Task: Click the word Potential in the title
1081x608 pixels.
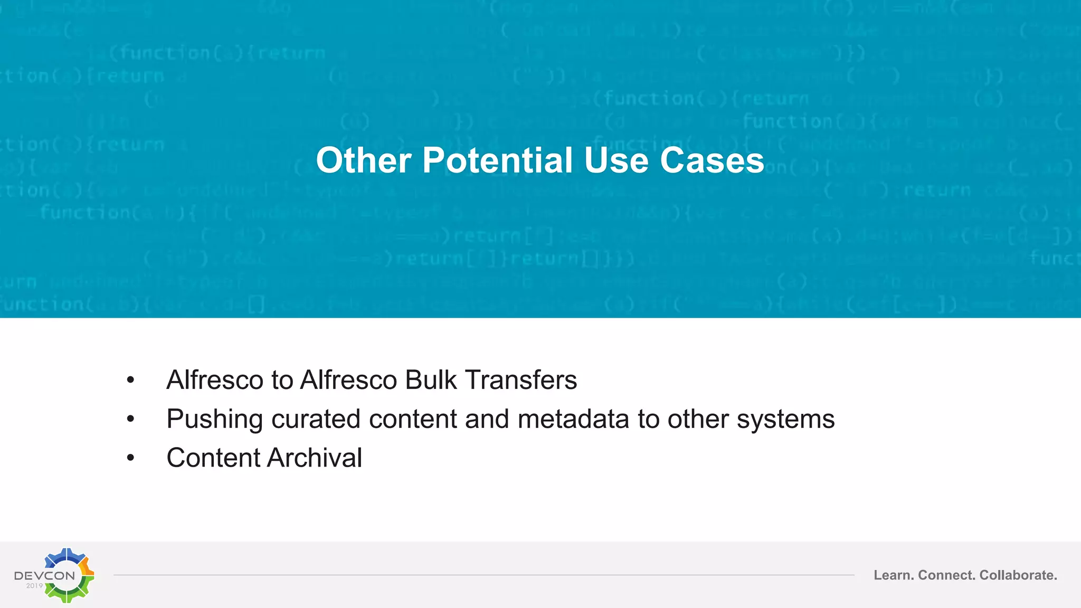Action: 497,160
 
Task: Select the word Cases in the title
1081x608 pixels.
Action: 712,160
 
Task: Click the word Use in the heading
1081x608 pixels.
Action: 616,160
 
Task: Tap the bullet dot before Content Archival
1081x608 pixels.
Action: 131,458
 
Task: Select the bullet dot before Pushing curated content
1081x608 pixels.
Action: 131,420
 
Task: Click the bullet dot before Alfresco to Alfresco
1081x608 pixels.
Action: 131,381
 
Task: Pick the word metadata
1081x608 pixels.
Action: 573,419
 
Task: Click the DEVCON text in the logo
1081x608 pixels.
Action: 45,575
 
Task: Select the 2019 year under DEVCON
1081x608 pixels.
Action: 34,586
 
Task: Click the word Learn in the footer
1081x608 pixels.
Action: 893,575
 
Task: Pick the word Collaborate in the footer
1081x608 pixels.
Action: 1018,575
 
